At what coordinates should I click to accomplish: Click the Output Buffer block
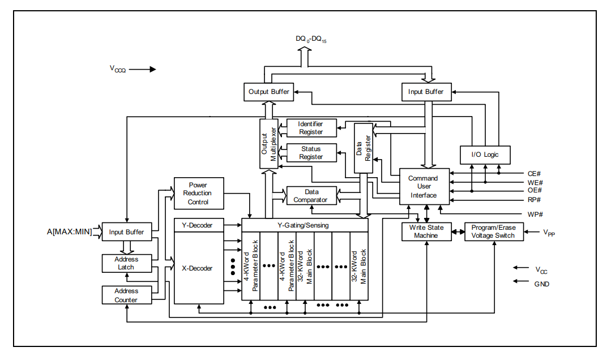click(269, 92)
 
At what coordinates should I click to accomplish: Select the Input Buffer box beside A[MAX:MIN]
click(126, 232)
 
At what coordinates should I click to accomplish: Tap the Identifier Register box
click(311, 128)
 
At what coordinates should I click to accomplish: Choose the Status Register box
click(311, 153)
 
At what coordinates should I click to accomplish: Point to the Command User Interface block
click(424, 187)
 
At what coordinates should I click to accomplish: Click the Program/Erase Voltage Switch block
click(494, 232)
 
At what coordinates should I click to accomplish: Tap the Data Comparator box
click(311, 196)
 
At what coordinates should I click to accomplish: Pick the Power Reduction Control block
click(198, 193)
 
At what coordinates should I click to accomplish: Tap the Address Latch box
click(126, 263)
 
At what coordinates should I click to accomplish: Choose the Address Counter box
click(126, 295)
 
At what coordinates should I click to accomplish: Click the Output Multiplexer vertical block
click(268, 144)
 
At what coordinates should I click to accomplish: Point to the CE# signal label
click(535, 174)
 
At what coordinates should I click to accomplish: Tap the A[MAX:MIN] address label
click(69, 232)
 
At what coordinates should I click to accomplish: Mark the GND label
click(541, 284)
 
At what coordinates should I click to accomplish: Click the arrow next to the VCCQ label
click(145, 70)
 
